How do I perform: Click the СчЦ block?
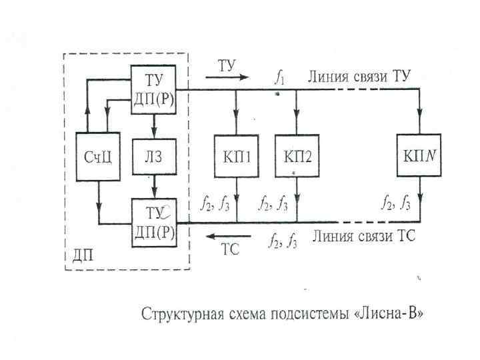(99, 156)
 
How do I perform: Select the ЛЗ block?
(154, 156)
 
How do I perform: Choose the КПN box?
(419, 156)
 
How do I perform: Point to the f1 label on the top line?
(280, 77)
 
